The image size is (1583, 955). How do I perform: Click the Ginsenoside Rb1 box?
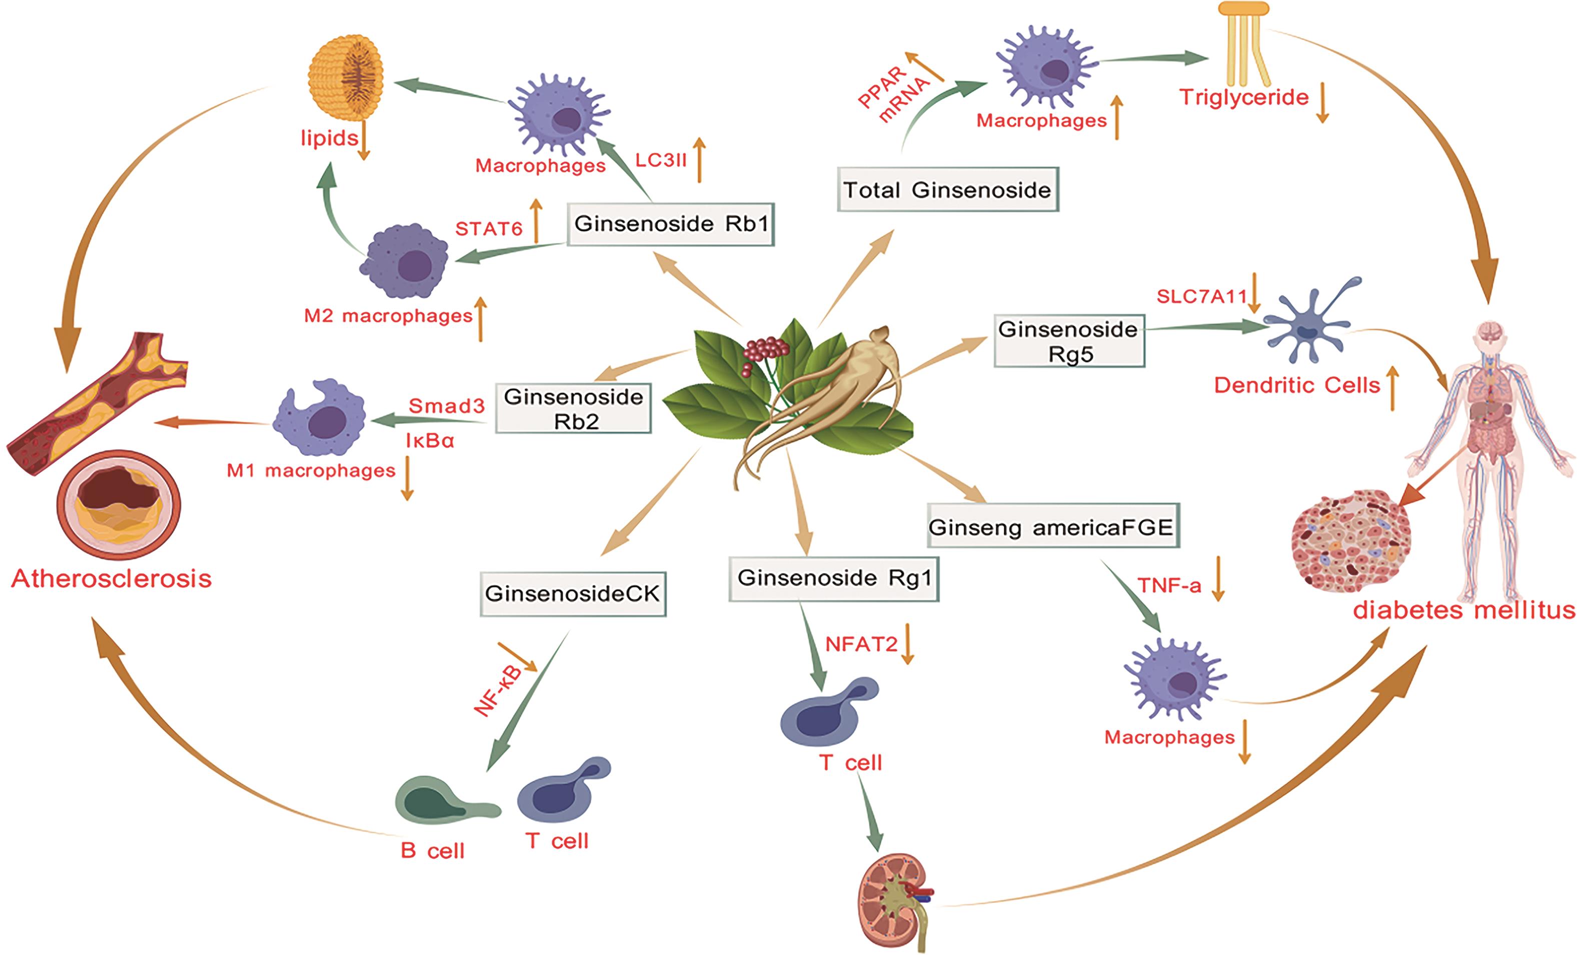coord(671,224)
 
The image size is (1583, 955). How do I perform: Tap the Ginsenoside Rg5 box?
coord(1068,341)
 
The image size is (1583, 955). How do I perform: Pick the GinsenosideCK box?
coord(572,594)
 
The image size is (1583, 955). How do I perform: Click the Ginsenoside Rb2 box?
coord(573,409)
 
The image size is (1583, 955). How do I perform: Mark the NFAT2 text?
coord(860,644)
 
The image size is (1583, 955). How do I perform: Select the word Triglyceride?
coord(1244,97)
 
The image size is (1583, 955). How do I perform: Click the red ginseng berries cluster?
coord(765,353)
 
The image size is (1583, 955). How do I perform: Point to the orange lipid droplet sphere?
coord(346,77)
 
